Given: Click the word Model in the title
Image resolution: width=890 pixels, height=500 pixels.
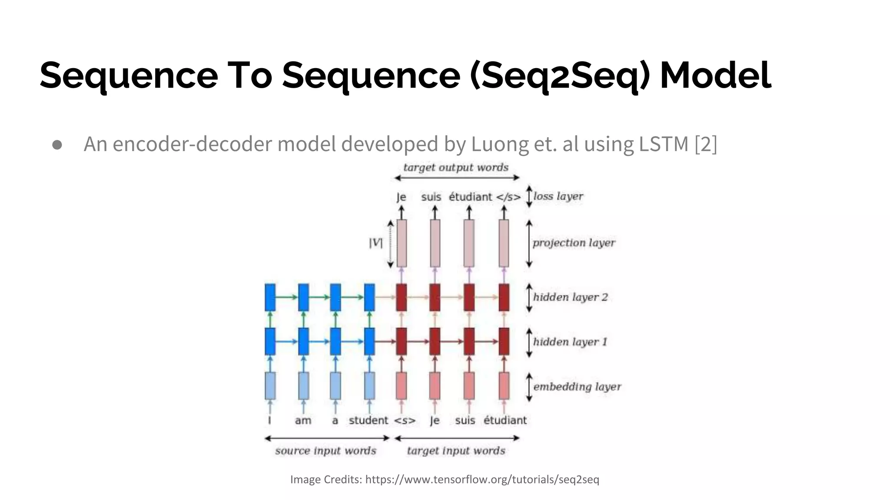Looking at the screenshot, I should [715, 75].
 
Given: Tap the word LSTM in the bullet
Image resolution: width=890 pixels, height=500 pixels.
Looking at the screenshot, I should [664, 144].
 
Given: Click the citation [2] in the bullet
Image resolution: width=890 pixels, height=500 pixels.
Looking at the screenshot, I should [706, 144].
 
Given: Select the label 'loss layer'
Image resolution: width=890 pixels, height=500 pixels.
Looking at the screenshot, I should [558, 196].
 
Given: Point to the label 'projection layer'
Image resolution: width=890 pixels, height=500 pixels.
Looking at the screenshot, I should [574, 243].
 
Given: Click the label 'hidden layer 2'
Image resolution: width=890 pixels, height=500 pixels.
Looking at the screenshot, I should [570, 297].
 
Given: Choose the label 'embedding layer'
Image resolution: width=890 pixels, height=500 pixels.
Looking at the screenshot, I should [577, 387].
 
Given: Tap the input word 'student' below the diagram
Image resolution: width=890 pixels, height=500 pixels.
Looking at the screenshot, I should [368, 420].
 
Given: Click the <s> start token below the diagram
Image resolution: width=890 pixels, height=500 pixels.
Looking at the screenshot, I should [405, 421].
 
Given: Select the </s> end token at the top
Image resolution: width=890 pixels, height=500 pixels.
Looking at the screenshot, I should [508, 197].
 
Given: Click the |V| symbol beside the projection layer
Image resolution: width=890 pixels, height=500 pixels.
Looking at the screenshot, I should [375, 243].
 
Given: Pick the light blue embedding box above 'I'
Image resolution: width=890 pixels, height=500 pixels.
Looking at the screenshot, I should [270, 385].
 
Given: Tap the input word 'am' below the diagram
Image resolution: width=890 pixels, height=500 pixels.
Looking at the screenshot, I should [303, 421].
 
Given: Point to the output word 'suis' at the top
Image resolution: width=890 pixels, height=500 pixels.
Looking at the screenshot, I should [431, 197].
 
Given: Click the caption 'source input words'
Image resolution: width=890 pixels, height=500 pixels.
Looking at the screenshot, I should [325, 451].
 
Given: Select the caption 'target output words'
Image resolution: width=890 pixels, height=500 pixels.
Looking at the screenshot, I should [455, 168].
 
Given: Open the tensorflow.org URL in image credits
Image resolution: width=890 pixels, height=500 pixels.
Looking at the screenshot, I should [482, 480].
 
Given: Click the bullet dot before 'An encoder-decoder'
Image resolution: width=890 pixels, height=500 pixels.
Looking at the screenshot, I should [57, 145].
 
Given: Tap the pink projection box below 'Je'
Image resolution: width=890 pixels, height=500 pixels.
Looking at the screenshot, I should [402, 243].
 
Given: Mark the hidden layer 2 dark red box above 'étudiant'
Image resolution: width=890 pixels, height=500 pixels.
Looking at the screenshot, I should [504, 297].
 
